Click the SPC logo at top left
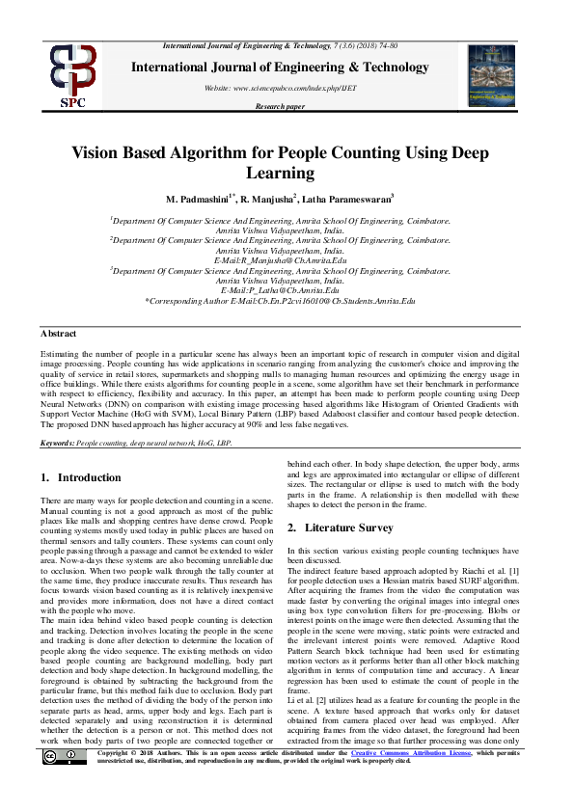73,73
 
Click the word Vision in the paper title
98,153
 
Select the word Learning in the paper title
287,174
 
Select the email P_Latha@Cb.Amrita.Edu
280,290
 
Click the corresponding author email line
280,301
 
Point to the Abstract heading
59,332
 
